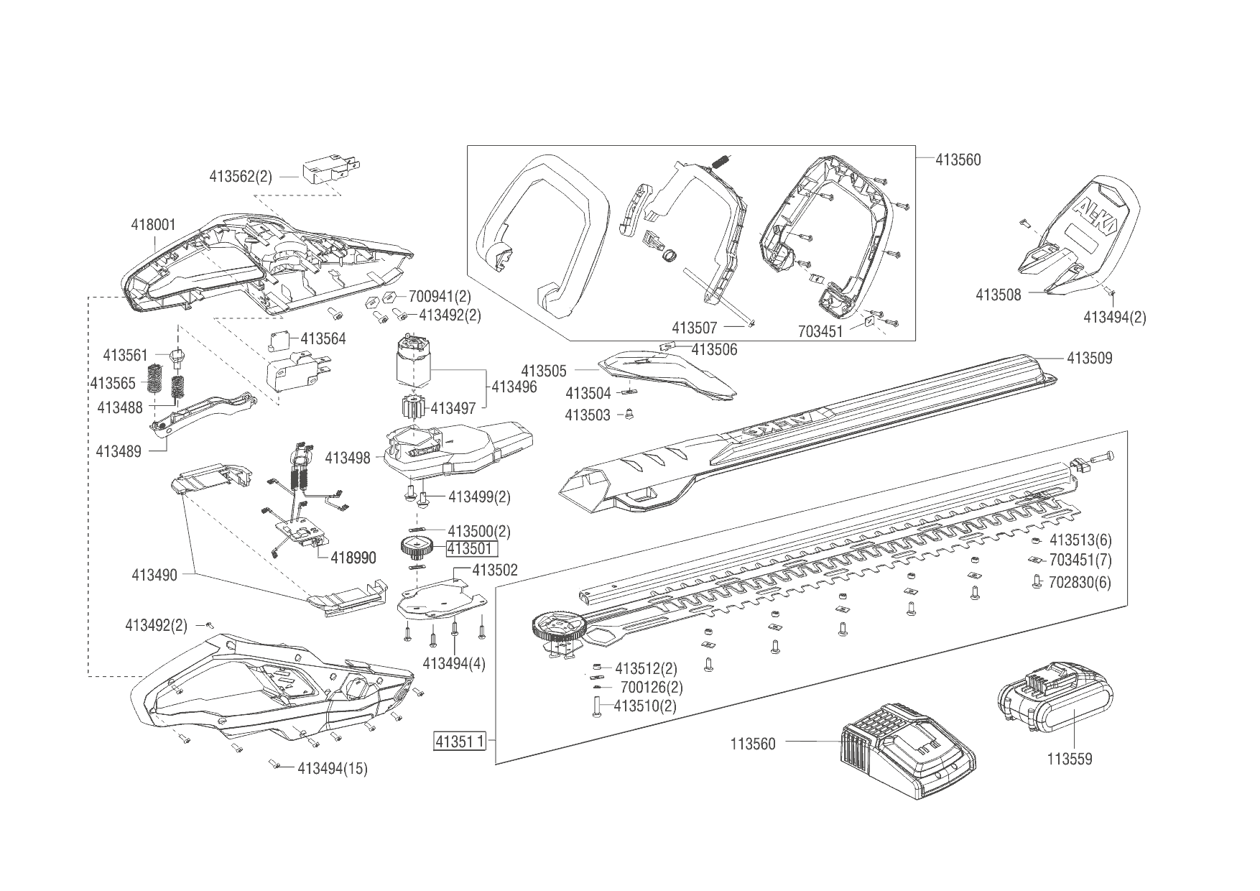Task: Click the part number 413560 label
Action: (958, 160)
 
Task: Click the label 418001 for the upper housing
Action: (153, 225)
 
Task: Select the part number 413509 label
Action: (1089, 358)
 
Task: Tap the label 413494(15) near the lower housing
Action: (332, 768)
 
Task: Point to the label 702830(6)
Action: (1080, 581)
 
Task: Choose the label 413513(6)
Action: (1080, 540)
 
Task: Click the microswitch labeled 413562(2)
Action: (327, 171)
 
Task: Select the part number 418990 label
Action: (353, 558)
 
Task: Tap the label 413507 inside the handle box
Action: (694, 328)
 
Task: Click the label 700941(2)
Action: (440, 296)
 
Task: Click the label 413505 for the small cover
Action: (544, 371)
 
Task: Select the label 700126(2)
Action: (652, 687)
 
